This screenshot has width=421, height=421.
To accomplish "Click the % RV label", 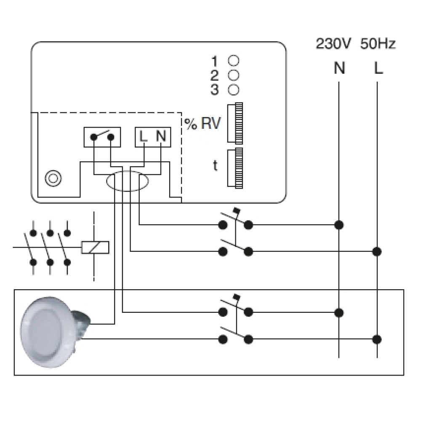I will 202,124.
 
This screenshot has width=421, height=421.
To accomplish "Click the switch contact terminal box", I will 102,137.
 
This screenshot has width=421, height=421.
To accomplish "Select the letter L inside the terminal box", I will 143,136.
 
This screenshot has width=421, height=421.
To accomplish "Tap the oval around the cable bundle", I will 127,181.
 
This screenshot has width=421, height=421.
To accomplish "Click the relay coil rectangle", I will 95,247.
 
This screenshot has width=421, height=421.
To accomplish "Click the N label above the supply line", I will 339,69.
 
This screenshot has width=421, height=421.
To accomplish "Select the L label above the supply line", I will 378,69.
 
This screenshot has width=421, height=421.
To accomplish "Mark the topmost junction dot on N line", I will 339,225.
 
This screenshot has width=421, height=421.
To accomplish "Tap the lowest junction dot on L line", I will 378,338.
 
